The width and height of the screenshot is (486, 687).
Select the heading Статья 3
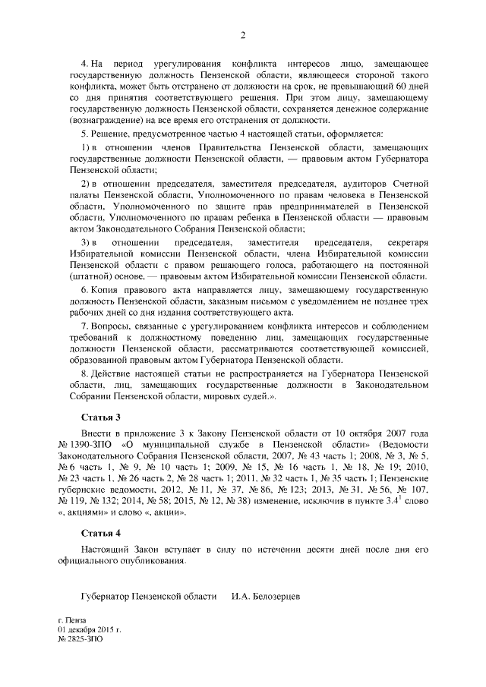coord(100,418)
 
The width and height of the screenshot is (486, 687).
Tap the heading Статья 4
coord(100,532)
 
